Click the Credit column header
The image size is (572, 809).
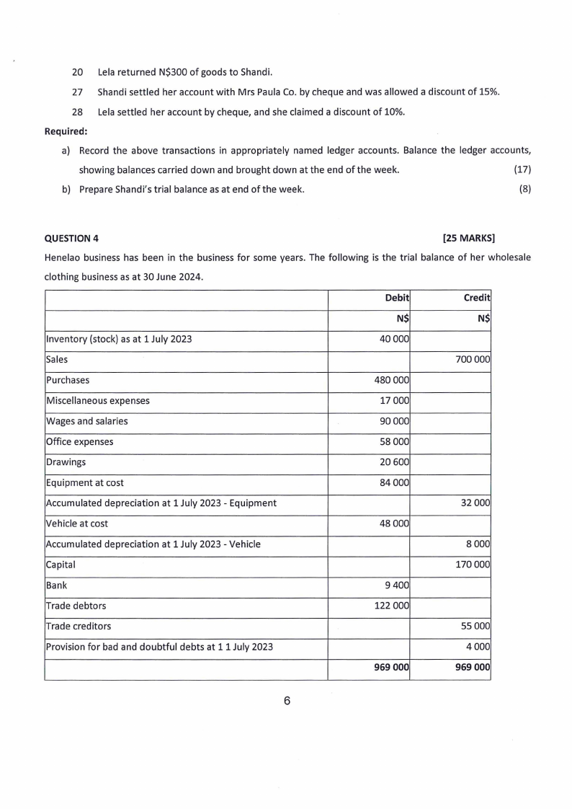click(478, 298)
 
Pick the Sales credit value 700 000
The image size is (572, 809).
click(473, 359)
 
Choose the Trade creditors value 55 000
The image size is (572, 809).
click(475, 627)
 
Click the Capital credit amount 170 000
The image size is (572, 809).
click(473, 565)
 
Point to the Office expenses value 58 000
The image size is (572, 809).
click(395, 441)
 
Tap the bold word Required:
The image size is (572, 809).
click(66, 132)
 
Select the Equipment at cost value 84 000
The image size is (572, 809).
click(395, 483)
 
